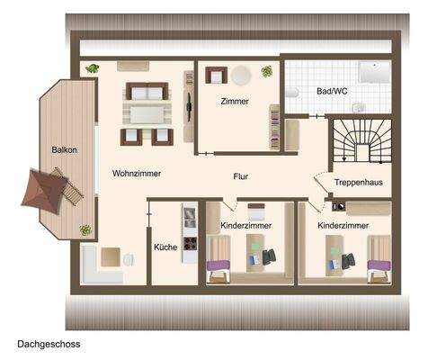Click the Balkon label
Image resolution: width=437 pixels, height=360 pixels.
(x=62, y=150)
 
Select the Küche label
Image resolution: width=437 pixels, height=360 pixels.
(x=165, y=247)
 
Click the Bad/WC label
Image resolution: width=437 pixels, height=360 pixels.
(x=333, y=92)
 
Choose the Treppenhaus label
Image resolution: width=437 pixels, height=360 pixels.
(x=359, y=182)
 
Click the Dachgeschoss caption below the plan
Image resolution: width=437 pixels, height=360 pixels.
(x=49, y=344)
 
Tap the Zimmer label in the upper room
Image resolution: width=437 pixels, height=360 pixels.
(x=235, y=102)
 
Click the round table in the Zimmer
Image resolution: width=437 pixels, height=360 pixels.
(x=241, y=76)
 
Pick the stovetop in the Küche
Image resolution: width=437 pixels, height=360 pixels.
(x=189, y=242)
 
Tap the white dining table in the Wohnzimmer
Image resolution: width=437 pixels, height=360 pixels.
(x=146, y=113)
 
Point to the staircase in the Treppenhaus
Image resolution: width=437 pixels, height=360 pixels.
(x=360, y=145)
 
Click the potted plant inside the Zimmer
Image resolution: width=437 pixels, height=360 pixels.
(x=267, y=71)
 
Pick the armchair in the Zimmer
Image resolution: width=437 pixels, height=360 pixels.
(x=215, y=76)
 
